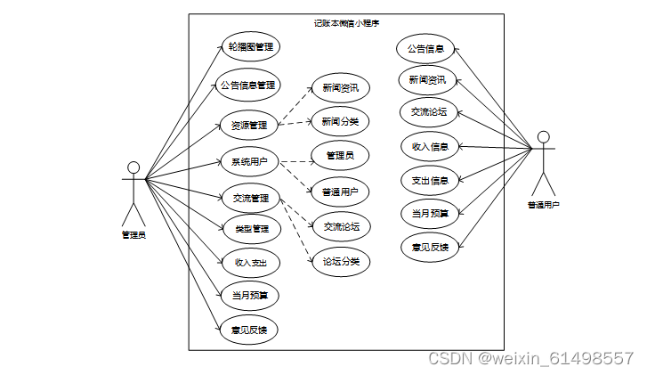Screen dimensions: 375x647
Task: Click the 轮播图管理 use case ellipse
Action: [250, 47]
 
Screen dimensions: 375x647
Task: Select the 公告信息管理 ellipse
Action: [249, 86]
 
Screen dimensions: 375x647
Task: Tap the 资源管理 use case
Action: [249, 125]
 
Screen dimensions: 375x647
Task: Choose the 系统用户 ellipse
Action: [249, 161]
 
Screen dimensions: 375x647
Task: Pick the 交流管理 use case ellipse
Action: [250, 198]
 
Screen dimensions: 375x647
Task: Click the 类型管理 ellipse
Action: [251, 229]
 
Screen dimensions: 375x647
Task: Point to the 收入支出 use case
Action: [250, 262]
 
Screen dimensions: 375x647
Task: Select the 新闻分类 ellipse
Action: [339, 120]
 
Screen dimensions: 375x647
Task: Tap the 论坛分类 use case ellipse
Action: [341, 261]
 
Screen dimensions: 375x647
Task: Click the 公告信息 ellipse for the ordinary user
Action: [425, 48]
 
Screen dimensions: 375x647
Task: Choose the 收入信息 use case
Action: [430, 146]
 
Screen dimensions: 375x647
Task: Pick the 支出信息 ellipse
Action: [430, 180]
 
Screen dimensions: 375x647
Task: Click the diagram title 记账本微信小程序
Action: [347, 22]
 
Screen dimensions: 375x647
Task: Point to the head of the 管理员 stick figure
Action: [133, 167]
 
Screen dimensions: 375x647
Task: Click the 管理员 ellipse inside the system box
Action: [340, 156]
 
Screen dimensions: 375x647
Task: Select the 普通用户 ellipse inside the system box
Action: [340, 191]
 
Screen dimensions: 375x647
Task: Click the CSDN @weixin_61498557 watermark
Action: [530, 358]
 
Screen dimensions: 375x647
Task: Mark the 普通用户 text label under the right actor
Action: [544, 205]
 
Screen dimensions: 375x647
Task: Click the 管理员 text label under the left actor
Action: [133, 235]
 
